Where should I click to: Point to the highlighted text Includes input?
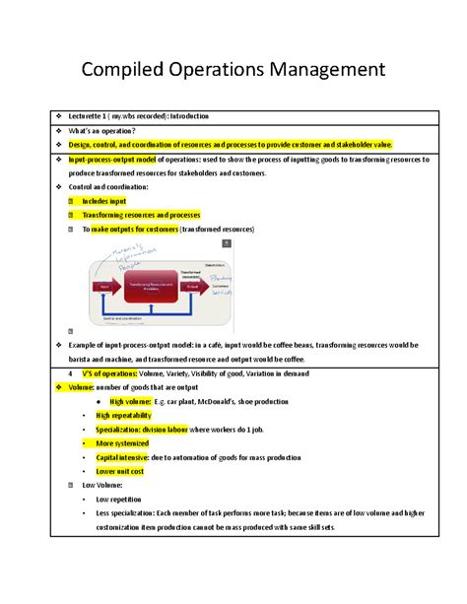109,201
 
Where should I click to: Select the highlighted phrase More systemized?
122,443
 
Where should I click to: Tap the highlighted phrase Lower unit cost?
121,471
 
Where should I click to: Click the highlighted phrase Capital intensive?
122,457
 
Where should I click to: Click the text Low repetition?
123,500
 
